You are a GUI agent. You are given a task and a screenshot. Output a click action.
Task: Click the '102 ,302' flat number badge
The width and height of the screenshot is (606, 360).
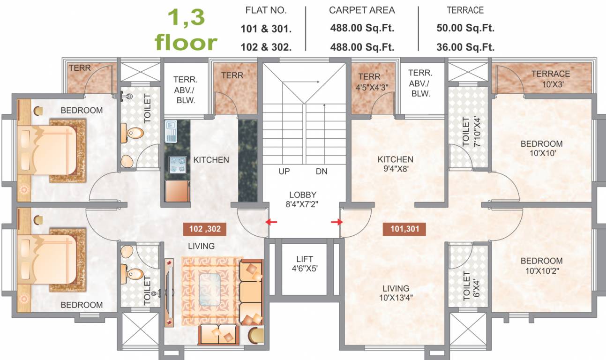[x=204, y=229]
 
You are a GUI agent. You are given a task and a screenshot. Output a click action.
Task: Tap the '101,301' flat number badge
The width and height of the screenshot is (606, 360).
[x=404, y=229]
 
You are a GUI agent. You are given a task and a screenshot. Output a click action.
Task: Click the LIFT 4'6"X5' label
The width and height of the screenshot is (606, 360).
[x=305, y=264]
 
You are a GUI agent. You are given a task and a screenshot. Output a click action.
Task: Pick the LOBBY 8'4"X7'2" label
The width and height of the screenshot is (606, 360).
[x=303, y=199]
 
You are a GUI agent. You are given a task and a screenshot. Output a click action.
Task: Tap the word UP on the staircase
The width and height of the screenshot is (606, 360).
[x=284, y=172]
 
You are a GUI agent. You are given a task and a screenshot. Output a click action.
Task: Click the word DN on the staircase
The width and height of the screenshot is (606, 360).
[x=322, y=172]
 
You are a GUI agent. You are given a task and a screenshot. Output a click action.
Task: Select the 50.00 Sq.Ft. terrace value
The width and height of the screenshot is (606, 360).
[x=465, y=28]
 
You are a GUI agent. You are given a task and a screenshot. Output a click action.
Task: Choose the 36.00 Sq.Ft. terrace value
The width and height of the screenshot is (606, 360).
[x=465, y=47]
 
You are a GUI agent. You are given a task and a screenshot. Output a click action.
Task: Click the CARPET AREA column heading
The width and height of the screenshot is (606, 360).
[x=362, y=10]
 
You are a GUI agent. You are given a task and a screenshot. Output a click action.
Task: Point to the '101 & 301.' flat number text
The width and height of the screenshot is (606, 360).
[x=266, y=29]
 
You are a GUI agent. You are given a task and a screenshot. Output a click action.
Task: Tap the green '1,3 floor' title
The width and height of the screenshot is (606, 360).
[x=186, y=30]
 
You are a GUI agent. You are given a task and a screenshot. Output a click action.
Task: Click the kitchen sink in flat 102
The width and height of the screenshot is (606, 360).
[x=171, y=132]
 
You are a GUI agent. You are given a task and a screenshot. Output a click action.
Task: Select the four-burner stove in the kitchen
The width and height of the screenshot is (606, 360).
[x=177, y=165]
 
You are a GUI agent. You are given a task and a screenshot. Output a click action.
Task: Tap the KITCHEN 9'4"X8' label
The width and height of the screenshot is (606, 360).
[x=395, y=164]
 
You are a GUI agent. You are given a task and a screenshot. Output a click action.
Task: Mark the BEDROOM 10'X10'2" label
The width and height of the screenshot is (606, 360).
[x=542, y=266]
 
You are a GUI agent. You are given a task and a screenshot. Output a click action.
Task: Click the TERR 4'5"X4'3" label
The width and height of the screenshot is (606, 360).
[x=373, y=82]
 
